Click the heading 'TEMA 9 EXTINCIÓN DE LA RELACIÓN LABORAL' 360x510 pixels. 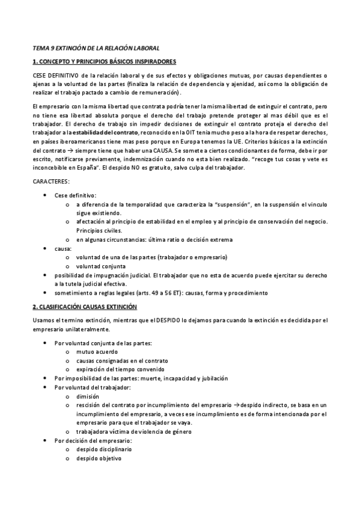click(96, 48)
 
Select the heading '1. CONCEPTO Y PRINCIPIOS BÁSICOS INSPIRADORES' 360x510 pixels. click(104, 61)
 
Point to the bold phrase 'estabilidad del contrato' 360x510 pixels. click(106, 132)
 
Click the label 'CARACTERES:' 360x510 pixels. click(51, 180)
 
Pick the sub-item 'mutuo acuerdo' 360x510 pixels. click(97, 352)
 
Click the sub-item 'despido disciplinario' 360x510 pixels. click(104, 449)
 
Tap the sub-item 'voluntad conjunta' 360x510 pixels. click(101, 266)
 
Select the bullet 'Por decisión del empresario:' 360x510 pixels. click(93, 440)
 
